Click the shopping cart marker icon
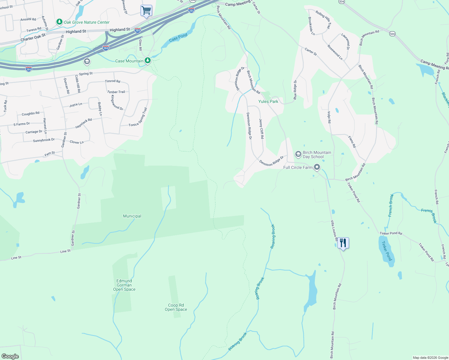tap(146, 10)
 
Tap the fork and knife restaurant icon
tap(343, 243)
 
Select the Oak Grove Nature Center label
tap(86, 22)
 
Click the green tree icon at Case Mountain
tap(148, 61)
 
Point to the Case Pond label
tap(178, 38)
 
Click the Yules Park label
tap(268, 101)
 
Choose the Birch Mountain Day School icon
tap(298, 154)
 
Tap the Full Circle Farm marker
tap(317, 167)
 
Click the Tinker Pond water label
tap(387, 251)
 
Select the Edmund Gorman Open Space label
tap(124, 285)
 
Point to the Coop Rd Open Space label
tap(176, 307)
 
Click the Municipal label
tap(132, 216)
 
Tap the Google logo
tap(10, 356)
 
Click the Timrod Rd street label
tap(113, 81)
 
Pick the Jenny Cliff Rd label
tap(261, 128)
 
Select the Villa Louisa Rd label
tap(334, 230)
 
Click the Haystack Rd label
tap(83, 123)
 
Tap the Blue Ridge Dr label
tap(295, 90)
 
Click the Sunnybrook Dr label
tap(44, 140)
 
